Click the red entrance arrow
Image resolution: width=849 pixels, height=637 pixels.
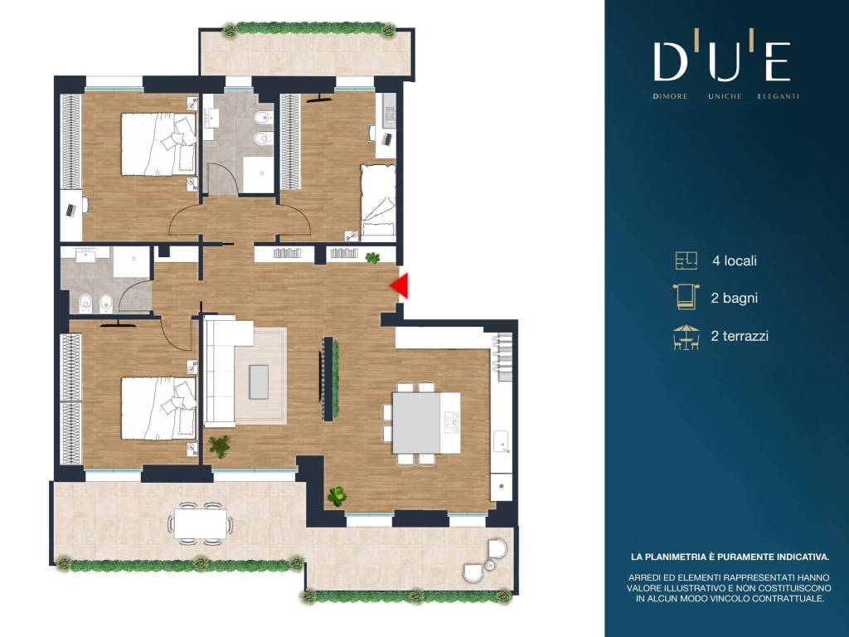[x=400, y=286]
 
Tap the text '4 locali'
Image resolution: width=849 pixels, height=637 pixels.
[x=735, y=260]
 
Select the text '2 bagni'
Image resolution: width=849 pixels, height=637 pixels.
[x=734, y=298]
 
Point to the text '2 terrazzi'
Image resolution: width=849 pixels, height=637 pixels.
[x=740, y=336]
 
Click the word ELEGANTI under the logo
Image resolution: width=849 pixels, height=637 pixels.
[x=778, y=96]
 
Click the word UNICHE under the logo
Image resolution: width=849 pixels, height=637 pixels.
[x=725, y=96]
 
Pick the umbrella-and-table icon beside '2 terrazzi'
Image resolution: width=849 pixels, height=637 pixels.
[x=686, y=337]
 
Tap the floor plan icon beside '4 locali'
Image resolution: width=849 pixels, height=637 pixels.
[x=686, y=260]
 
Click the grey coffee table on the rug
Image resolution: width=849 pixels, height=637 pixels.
[x=259, y=382]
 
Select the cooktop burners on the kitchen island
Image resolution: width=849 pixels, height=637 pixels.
[x=451, y=422]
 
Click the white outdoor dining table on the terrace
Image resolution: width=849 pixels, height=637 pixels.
[x=201, y=523]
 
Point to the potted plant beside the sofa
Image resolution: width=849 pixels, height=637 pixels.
[x=219, y=445]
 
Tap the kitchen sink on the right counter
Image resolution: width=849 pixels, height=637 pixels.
[x=502, y=442]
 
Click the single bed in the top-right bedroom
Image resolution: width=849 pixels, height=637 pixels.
[x=378, y=201]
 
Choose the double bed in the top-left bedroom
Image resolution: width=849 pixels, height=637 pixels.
[x=158, y=144]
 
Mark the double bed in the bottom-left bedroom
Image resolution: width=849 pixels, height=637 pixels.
[x=158, y=408]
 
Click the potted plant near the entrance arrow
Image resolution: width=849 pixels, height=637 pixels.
[x=372, y=258]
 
